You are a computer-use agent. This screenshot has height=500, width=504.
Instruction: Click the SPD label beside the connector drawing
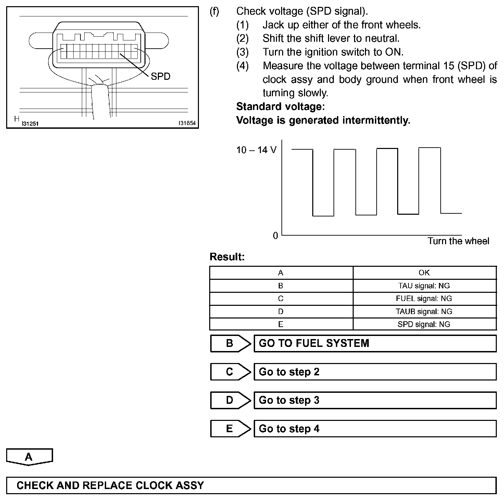160,76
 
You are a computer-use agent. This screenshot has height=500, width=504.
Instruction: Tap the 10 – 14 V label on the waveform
256,150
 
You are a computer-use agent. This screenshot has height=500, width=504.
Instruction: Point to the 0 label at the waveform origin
275,236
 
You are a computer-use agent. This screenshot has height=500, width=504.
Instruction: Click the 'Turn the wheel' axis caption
458,241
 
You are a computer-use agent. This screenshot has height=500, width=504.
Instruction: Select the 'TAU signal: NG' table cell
424,286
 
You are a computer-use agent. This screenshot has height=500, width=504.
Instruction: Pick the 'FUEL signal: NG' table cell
424,299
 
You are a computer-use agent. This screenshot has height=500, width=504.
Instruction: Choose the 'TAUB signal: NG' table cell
424,312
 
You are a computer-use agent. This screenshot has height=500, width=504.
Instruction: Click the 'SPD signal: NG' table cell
424,324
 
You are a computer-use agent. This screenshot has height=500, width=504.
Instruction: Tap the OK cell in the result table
424,273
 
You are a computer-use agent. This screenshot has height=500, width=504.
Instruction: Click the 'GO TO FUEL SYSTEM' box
375,343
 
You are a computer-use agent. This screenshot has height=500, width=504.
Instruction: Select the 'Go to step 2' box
375,372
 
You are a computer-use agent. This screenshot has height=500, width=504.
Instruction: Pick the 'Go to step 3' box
375,400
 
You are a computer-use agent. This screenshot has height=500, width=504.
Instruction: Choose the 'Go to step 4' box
375,429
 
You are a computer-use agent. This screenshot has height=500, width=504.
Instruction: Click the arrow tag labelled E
230,429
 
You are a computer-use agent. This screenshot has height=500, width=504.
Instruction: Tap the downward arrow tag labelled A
29,457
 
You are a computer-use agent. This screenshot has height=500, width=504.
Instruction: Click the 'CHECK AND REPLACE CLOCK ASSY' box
251,486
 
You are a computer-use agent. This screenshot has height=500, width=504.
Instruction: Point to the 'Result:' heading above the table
227,257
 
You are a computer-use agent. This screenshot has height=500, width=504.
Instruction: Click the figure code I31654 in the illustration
187,123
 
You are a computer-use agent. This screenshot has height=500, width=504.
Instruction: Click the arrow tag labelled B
230,343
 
